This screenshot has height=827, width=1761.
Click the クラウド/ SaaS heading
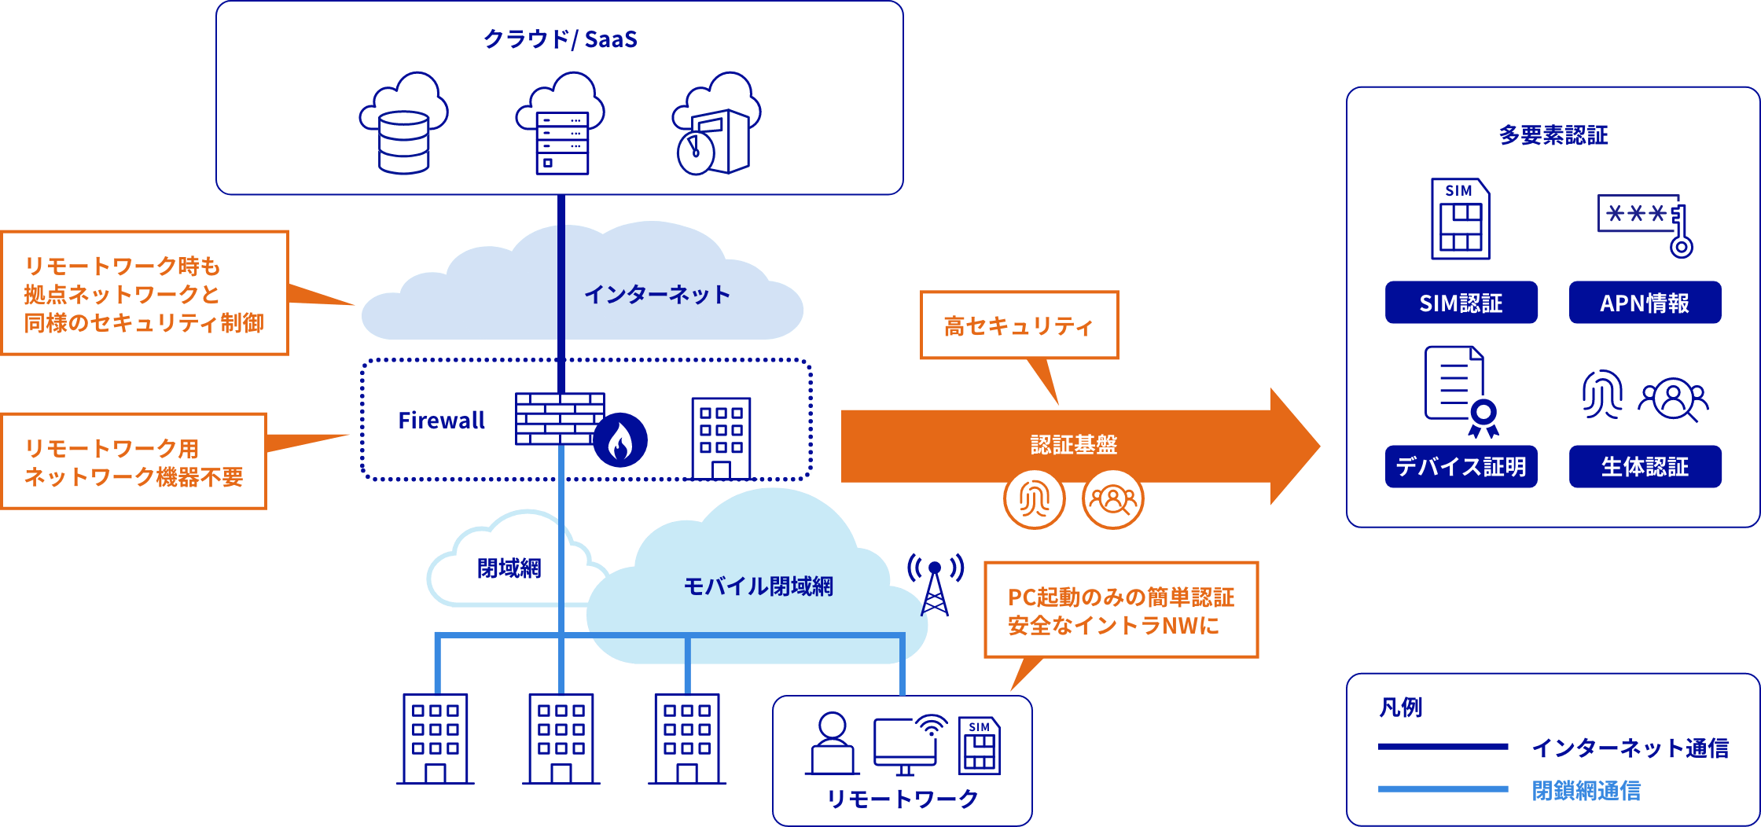coord(560,39)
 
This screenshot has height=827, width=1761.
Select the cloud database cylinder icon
coord(403,142)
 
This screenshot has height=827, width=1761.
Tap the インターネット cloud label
coord(657,295)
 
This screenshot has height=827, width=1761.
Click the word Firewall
coord(441,421)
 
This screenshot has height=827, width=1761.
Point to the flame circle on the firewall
coord(620,440)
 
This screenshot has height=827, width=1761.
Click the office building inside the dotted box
coord(721,439)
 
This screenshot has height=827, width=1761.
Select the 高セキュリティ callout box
coord(1019,325)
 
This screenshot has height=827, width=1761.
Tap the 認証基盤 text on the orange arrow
coord(1074,445)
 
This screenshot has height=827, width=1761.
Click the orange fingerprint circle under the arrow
coord(1035,498)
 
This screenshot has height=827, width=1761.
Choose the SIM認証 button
coord(1461,303)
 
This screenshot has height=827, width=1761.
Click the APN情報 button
coord(1645,303)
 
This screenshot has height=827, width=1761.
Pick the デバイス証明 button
coord(1461,467)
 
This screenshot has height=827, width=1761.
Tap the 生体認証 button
coord(1645,467)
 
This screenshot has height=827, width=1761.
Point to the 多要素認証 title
coord(1553,135)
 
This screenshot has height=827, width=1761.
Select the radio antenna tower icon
coord(935,587)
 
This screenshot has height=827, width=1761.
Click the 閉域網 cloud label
coord(509,568)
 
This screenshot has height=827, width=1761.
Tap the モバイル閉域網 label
coord(758,586)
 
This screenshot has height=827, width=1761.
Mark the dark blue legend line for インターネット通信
coord(1443,747)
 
